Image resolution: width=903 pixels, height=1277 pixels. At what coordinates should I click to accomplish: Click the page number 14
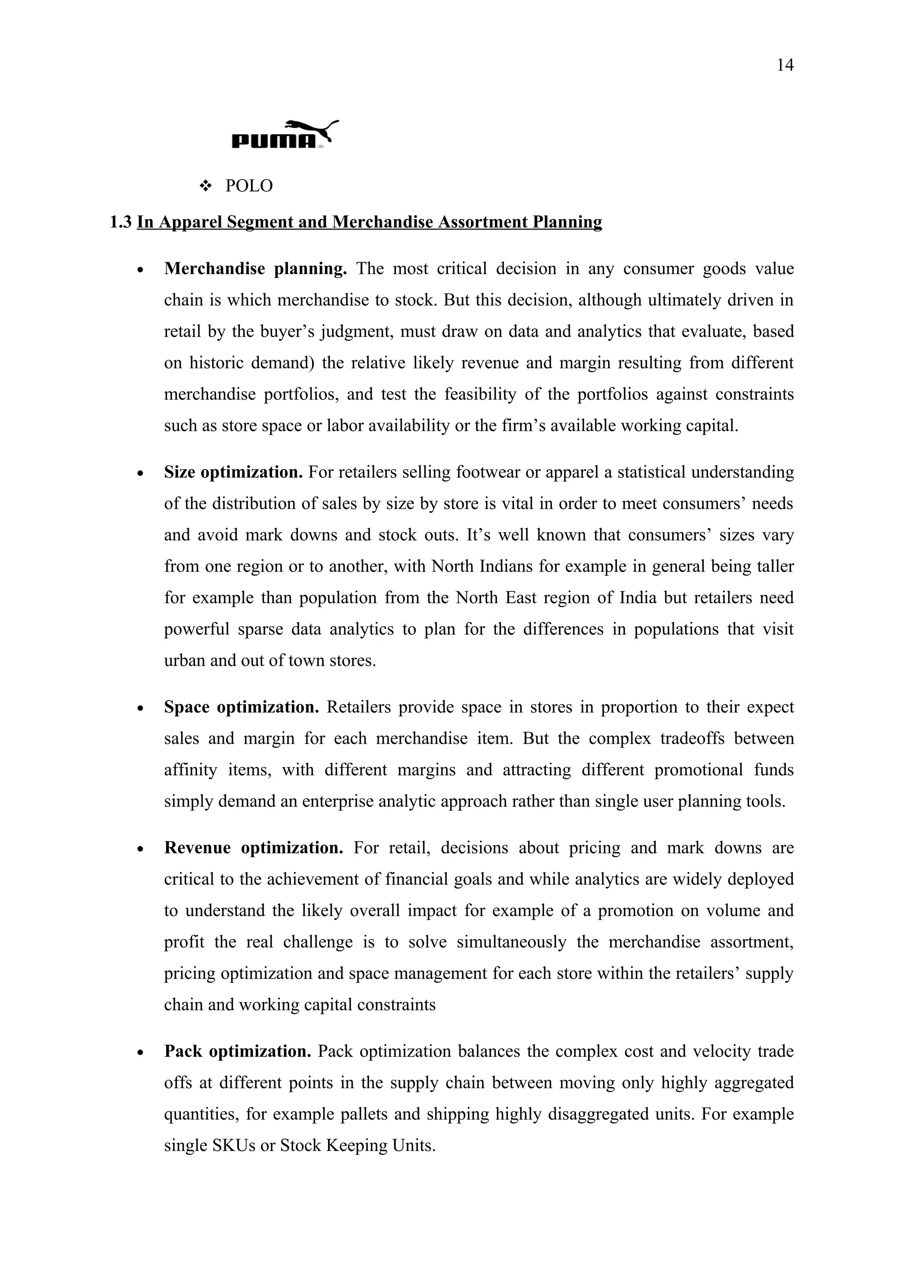[x=784, y=66]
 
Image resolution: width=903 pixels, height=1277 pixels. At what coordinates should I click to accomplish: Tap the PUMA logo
[x=284, y=134]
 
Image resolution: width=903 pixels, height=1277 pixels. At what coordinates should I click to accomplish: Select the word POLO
[x=249, y=186]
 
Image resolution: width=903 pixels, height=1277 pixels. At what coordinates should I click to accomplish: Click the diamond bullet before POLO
[x=206, y=186]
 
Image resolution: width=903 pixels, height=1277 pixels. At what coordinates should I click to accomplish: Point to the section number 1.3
[x=121, y=222]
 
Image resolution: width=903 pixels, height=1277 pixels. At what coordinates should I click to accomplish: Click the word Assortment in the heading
[x=482, y=222]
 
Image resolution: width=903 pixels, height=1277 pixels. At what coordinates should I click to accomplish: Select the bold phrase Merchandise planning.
[x=255, y=269]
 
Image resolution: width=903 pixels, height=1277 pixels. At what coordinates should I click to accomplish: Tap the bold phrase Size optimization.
[x=233, y=472]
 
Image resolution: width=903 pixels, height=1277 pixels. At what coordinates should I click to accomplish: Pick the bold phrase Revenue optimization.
[x=254, y=848]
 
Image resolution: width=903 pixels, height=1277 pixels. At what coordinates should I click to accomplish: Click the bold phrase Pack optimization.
[x=238, y=1051]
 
